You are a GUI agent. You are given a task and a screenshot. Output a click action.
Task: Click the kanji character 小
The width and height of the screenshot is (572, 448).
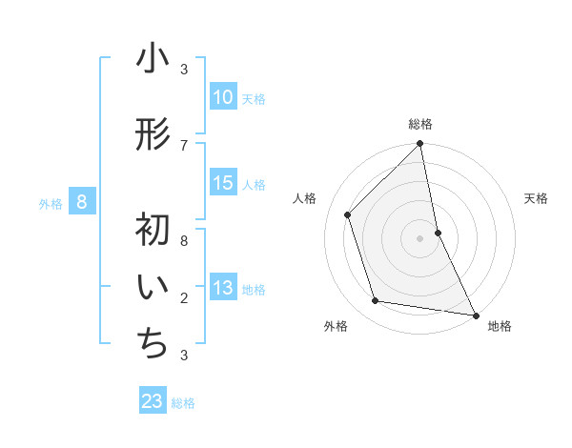153,60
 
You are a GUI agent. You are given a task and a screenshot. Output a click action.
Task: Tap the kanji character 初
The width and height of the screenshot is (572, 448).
153,230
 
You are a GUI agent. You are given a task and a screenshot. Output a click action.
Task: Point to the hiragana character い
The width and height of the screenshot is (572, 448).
153,289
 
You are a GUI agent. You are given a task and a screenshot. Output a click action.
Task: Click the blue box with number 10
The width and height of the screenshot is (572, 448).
222,97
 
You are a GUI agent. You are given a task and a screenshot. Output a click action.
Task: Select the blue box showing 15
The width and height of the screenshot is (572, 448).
222,183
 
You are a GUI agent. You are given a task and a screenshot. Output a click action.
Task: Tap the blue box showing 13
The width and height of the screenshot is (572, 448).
222,289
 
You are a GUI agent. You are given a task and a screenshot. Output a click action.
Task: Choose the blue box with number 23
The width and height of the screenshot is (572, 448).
153,401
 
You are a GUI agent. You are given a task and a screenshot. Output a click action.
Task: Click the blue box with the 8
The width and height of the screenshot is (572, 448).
82,202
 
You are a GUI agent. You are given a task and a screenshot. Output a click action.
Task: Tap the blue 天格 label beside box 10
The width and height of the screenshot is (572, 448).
254,99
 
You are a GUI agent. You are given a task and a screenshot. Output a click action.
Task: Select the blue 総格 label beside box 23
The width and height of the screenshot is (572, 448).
183,403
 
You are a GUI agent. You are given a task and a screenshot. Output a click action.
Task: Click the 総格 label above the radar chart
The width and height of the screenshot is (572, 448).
420,124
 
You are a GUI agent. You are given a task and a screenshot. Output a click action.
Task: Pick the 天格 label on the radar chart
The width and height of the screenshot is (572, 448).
537,198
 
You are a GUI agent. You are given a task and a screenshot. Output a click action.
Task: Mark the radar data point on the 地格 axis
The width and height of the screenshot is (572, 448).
475,315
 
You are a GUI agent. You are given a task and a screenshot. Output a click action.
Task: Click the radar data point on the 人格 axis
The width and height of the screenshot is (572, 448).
348,214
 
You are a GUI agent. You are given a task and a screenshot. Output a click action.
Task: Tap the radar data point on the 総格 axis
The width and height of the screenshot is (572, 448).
420,144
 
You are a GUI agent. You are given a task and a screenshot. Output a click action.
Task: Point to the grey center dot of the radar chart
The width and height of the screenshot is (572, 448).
420,237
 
